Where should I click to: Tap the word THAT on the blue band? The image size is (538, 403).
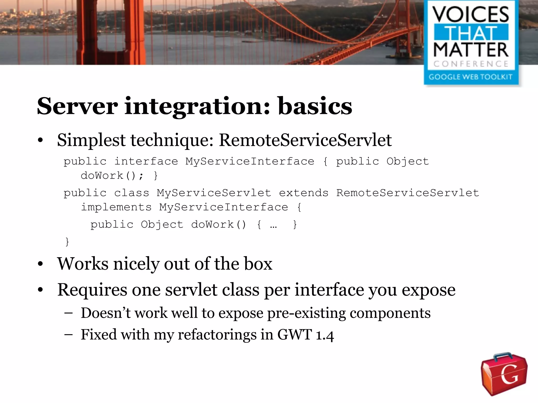(x=471, y=33)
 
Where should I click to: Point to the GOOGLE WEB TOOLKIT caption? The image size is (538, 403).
(x=470, y=77)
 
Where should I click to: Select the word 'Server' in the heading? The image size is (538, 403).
(x=77, y=106)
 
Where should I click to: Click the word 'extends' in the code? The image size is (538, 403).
(x=304, y=193)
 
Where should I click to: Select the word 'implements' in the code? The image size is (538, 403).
(x=116, y=207)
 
